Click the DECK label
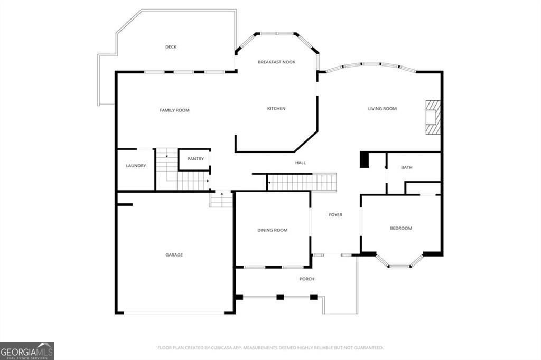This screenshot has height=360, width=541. tap(171, 47)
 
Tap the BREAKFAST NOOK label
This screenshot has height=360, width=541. tap(276, 62)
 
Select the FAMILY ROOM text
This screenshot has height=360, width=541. tap(174, 110)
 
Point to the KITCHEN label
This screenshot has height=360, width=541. tap(276, 109)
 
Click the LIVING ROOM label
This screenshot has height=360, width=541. tap(383, 109)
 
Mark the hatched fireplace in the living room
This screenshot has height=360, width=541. tap(433, 117)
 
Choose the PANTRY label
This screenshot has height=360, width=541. tap(195, 159)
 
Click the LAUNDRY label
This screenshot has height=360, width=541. tap(136, 166)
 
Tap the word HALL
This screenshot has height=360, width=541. tap(301, 163)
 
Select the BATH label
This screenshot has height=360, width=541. tap(406, 167)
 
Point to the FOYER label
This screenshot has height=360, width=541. tap(335, 215)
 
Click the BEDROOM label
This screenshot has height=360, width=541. tap(401, 228)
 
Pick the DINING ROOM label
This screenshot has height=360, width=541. tap(272, 230)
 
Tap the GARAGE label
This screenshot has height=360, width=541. tap(174, 255)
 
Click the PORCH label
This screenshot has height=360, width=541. tap(307, 279)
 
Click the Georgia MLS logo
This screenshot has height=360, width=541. tap(27, 351)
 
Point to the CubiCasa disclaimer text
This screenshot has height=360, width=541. tap(270, 348)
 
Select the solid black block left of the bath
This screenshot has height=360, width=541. tap(365, 160)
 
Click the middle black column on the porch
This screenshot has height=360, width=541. tap(280, 297)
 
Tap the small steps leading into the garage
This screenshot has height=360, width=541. tap(220, 199)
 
